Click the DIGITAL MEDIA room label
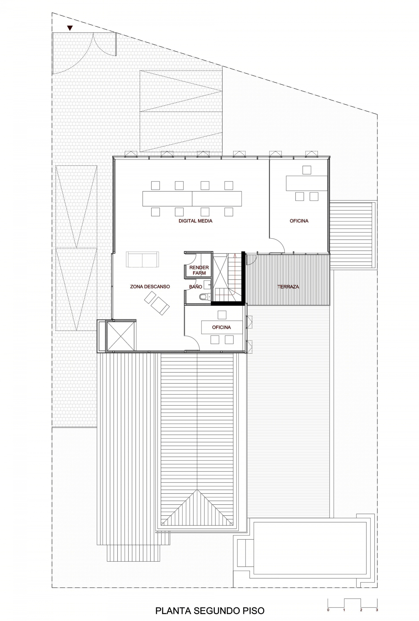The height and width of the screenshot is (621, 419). coord(196,221)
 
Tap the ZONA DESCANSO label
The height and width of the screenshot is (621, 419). coord(150,287)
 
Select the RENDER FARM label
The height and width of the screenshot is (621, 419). coord(199,270)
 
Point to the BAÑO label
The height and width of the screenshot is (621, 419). coord(196,287)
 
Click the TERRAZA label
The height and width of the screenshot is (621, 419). coord(288,287)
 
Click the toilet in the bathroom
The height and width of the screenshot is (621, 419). coord(205,296)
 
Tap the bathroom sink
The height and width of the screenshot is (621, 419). coord(207,285)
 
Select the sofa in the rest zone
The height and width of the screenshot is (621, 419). coord(142,259)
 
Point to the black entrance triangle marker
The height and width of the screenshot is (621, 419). coord(70,28)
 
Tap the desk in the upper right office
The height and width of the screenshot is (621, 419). coord(306,183)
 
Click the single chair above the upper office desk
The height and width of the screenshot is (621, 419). coord(307,170)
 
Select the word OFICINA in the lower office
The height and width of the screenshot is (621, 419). coord(222,327)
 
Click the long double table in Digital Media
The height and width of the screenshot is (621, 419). coord(192,199)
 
